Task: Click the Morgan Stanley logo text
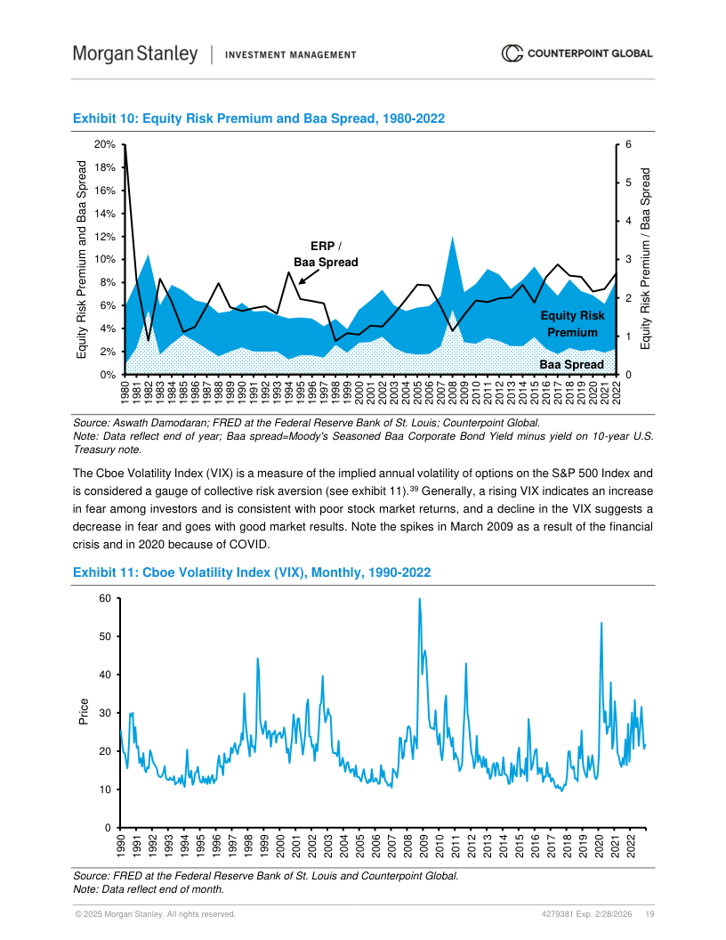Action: pos(135,54)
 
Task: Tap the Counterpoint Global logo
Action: pos(577,54)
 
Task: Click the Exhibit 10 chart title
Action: pos(259,118)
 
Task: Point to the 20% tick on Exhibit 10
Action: pos(106,144)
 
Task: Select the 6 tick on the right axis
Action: pos(628,144)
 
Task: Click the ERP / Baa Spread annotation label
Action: pos(326,254)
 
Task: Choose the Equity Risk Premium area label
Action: pos(572,324)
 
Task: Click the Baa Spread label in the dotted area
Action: pos(571,365)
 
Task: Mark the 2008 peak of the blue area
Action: pos(453,237)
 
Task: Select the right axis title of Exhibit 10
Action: pos(647,258)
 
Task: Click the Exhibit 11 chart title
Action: pos(252,572)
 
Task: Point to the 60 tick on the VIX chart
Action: pos(104,598)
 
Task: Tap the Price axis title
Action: pos(84,713)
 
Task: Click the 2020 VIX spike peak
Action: pos(601,623)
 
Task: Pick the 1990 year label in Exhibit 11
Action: pos(121,845)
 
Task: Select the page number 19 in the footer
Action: pos(650,914)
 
